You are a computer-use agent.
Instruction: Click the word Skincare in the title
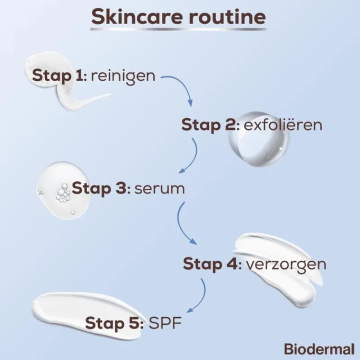pyautogui.click(x=137, y=17)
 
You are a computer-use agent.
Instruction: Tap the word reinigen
pyautogui.click(x=123, y=76)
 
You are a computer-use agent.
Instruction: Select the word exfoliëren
pyautogui.click(x=283, y=125)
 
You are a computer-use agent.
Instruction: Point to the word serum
pyautogui.click(x=160, y=189)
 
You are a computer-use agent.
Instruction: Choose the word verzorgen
pyautogui.click(x=286, y=265)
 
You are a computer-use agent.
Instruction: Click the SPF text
pyautogui.click(x=165, y=323)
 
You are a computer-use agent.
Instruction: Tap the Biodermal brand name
pyautogui.click(x=319, y=349)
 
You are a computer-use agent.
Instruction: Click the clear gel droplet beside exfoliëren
pyautogui.click(x=259, y=139)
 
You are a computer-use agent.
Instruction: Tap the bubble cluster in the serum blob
pyautogui.click(x=63, y=193)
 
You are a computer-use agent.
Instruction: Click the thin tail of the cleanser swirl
pyautogui.click(x=92, y=99)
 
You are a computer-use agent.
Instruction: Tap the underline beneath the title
pyautogui.click(x=178, y=29)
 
